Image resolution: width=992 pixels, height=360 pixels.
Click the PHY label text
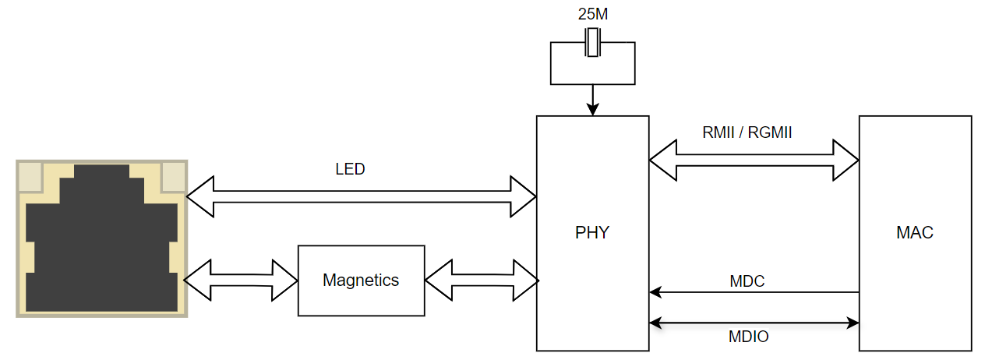click(592, 232)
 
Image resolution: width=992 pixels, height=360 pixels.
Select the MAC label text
click(915, 232)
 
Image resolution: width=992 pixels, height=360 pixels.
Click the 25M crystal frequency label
click(592, 14)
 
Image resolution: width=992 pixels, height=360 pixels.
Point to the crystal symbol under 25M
click(592, 43)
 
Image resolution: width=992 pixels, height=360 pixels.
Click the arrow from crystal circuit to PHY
click(592, 100)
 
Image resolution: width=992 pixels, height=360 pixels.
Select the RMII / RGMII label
click(747, 132)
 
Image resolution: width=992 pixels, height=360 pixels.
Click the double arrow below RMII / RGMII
click(754, 161)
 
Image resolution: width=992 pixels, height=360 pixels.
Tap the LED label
click(350, 169)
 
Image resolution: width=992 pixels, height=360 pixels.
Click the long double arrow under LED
click(362, 196)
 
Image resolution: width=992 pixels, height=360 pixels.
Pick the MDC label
click(747, 281)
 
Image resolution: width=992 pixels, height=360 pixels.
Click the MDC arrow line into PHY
click(754, 292)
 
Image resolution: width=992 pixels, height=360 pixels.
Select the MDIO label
click(748, 337)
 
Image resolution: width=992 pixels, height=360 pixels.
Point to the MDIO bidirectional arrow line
click(754, 323)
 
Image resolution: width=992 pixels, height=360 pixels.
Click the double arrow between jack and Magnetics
click(241, 281)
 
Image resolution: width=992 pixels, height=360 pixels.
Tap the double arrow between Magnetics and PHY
click(482, 281)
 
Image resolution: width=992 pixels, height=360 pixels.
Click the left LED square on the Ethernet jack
click(30, 177)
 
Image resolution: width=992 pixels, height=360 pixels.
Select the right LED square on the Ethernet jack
click(173, 177)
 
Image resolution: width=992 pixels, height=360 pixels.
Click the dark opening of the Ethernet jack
click(101, 248)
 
